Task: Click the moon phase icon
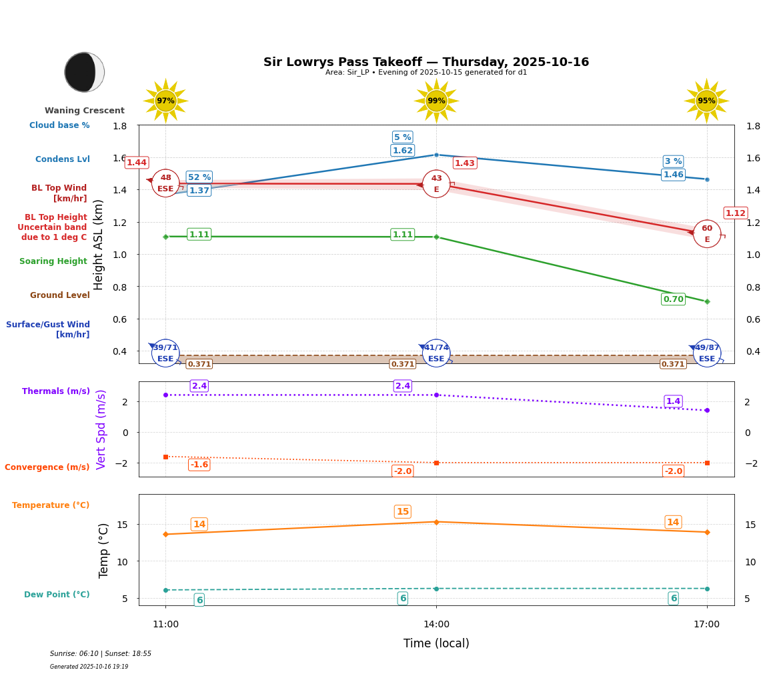84,72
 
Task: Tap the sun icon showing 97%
165,101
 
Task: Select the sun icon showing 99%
436,101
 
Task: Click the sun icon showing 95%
706,101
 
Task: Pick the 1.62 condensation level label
402,151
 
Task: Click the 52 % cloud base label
199,177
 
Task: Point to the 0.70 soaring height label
673,299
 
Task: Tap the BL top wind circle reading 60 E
707,234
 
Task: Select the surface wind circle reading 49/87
707,353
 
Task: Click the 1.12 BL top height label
735,213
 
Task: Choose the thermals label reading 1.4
673,401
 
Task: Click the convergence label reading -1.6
199,465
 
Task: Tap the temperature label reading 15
402,512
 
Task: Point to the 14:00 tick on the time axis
436,625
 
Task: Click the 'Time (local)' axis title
436,643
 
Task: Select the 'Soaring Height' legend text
53,261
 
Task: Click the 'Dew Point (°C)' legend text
57,595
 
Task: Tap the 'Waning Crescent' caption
85,111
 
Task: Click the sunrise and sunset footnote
101,654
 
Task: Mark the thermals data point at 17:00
707,410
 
